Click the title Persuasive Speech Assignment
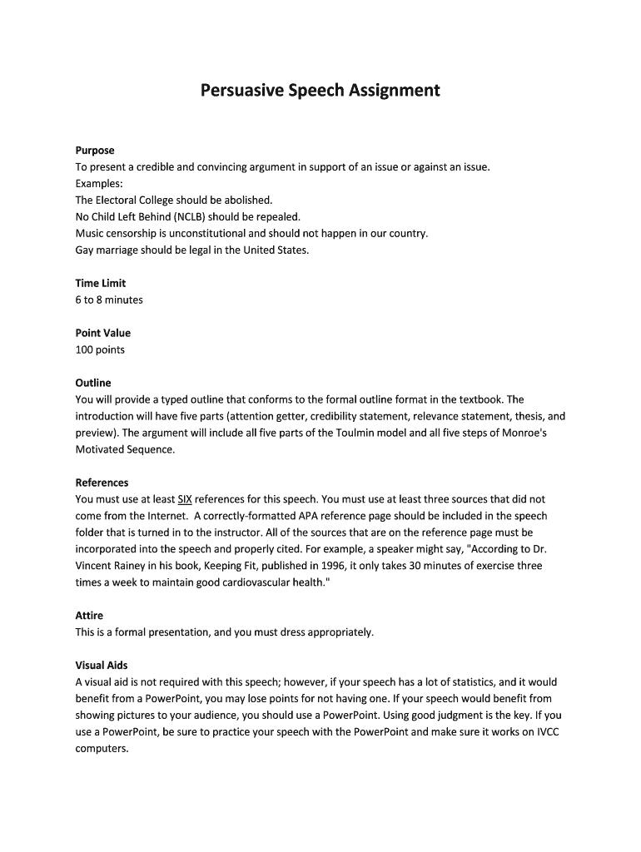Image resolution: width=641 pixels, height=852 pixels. pyautogui.click(x=320, y=90)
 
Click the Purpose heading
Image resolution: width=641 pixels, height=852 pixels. pyautogui.click(x=94, y=151)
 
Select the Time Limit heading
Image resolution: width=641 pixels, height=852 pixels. pyautogui.click(x=100, y=283)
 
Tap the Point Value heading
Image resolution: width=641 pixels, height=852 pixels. pyautogui.click(x=102, y=333)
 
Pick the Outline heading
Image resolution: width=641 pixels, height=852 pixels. pyautogui.click(x=92, y=383)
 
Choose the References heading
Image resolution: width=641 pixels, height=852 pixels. pyautogui.click(x=102, y=483)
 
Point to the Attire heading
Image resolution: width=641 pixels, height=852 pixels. pyautogui.click(x=89, y=616)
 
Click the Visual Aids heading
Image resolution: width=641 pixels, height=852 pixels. pyautogui.click(x=102, y=666)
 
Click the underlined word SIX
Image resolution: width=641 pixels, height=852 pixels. pyautogui.click(x=185, y=499)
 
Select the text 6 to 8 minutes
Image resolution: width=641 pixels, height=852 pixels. pyautogui.click(x=109, y=300)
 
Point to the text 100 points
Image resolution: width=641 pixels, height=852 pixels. pyautogui.click(x=100, y=349)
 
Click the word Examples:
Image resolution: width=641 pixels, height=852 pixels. pyautogui.click(x=99, y=183)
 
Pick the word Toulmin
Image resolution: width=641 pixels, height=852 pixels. pyautogui.click(x=379, y=433)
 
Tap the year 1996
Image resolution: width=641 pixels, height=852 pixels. pyautogui.click(x=322, y=566)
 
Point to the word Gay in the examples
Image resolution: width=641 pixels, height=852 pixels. pyautogui.click(x=86, y=250)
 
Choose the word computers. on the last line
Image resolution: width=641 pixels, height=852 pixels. pyautogui.click(x=102, y=749)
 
